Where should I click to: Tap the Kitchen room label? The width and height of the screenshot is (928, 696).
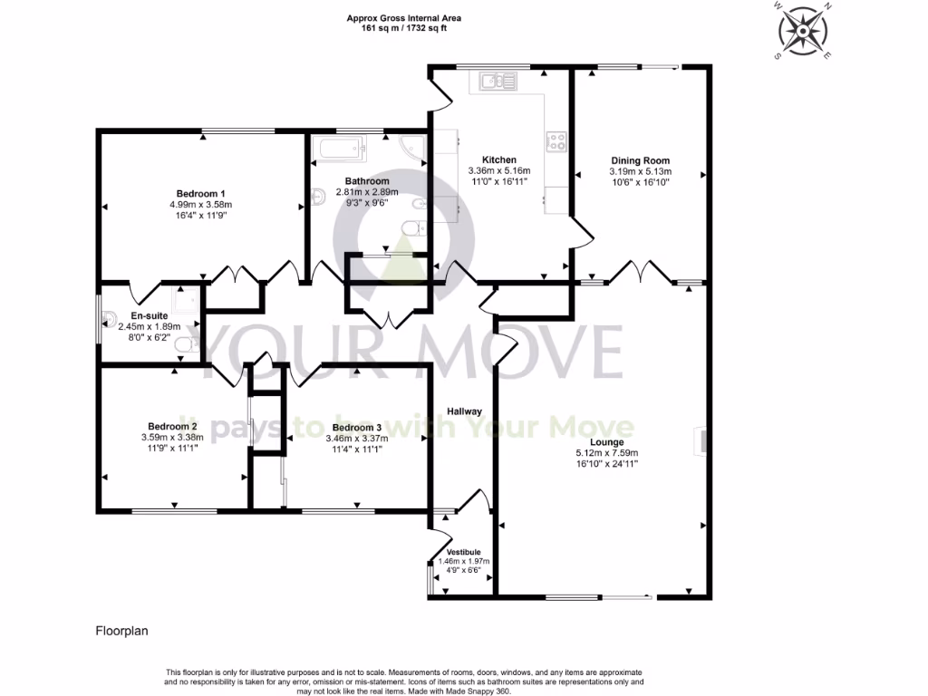(498, 159)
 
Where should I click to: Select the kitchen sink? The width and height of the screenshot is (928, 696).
(498, 82)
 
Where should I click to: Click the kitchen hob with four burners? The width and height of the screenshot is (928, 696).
(556, 141)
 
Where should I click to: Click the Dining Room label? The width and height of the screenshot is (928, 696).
(640, 160)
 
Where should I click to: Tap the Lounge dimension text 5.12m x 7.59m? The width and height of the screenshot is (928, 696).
(607, 453)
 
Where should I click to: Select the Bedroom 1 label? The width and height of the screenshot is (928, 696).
(200, 194)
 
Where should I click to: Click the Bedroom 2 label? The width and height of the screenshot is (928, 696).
(172, 426)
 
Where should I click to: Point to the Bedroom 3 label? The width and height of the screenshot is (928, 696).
(356, 428)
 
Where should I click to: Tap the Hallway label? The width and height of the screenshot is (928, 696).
(462, 411)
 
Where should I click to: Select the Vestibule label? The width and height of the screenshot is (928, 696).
(462, 551)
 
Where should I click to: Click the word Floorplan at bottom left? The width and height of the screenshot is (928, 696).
(121, 629)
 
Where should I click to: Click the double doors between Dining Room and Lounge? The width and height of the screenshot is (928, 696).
(633, 270)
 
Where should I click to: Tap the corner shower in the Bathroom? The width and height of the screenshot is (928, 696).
(413, 148)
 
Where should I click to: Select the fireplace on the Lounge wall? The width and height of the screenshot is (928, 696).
(700, 440)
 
